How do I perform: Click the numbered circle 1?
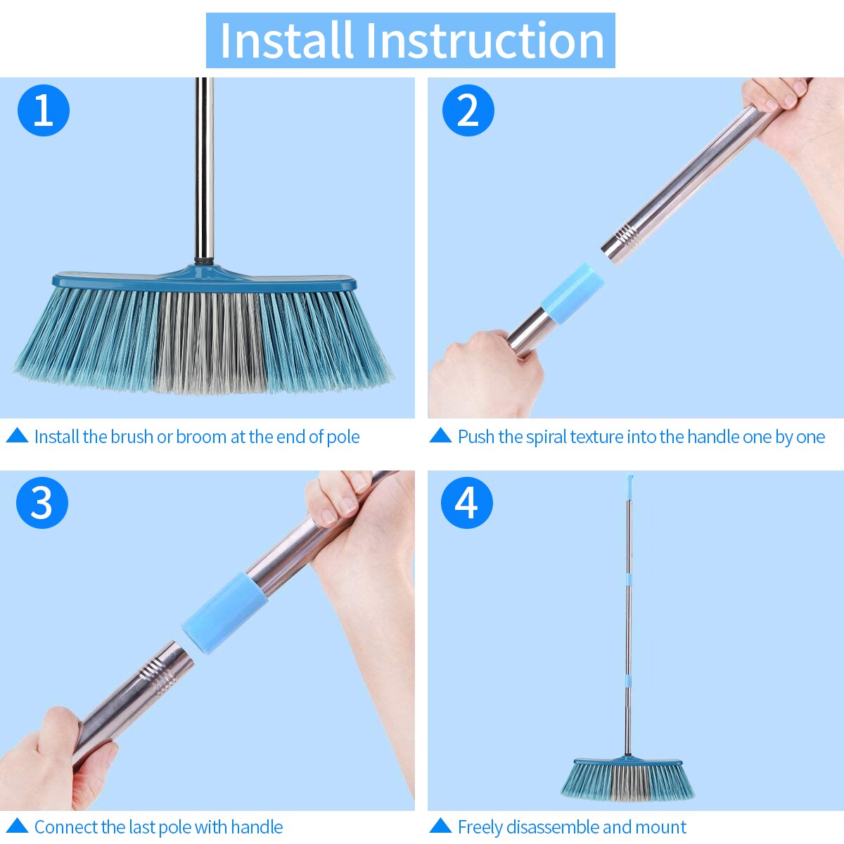point(43,110)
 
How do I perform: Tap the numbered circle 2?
point(468,110)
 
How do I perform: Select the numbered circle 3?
point(42,503)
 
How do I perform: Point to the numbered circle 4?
point(467,503)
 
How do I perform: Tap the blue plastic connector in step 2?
point(572,293)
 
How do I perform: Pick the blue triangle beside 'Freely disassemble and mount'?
point(440,826)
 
